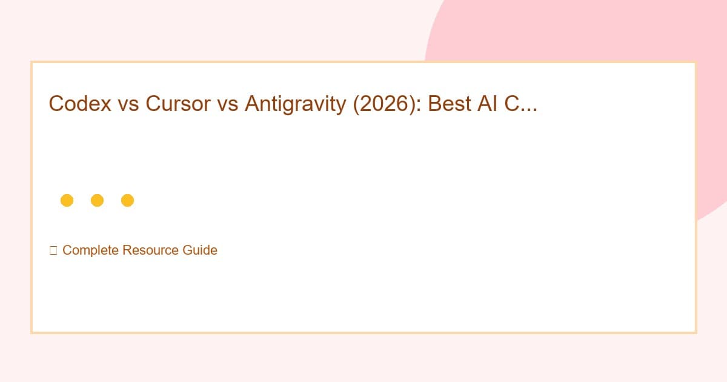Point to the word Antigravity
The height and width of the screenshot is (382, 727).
(290, 104)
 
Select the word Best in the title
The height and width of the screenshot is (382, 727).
(447, 104)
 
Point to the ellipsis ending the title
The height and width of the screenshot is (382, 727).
(527, 110)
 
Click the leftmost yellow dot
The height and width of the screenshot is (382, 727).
(67, 200)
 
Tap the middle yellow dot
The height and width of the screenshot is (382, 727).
(97, 200)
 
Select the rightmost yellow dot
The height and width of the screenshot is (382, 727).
(127, 200)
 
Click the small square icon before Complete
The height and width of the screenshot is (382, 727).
(53, 250)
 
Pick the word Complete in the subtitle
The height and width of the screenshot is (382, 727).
(90, 250)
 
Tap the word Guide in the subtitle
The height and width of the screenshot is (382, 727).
(200, 250)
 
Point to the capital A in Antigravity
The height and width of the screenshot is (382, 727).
(251, 104)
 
